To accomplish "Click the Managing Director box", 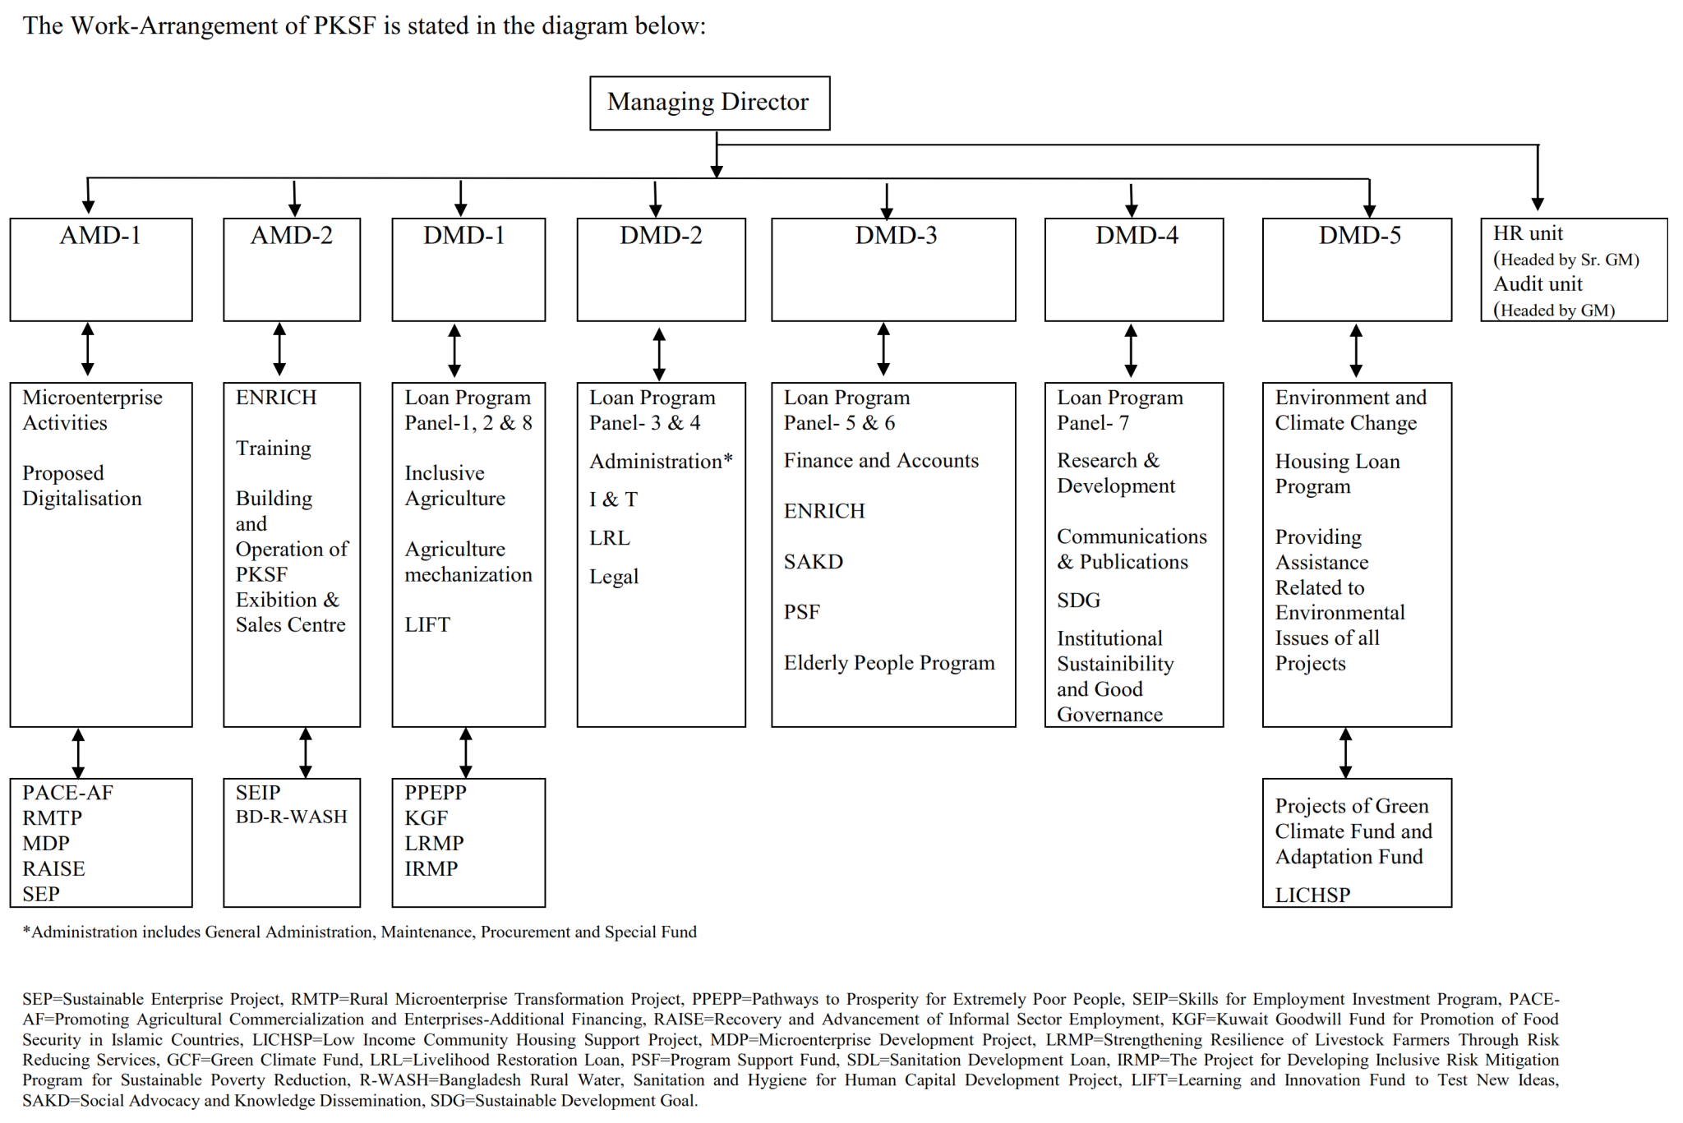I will (709, 103).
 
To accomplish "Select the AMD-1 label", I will (100, 236).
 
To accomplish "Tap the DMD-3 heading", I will (895, 236).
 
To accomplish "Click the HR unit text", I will (1528, 233).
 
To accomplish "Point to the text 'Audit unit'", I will (1538, 284).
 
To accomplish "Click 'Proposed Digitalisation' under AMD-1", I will (81, 486).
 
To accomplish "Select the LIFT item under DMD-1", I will (427, 624).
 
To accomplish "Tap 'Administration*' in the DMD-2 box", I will (661, 461).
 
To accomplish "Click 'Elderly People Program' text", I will (888, 663).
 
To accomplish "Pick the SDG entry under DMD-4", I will (1078, 601).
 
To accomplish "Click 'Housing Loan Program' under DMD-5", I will (1337, 474).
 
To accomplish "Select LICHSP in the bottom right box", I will (1312, 895).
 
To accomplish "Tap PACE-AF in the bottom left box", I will (67, 793).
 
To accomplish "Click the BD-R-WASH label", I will (291, 817).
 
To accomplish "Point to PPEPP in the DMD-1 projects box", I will (435, 793).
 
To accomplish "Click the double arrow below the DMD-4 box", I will (1131, 351).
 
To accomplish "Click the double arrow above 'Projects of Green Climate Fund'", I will (1345, 753).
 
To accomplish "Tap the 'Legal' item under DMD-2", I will (613, 577).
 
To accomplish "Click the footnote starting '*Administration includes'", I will (359, 932).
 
